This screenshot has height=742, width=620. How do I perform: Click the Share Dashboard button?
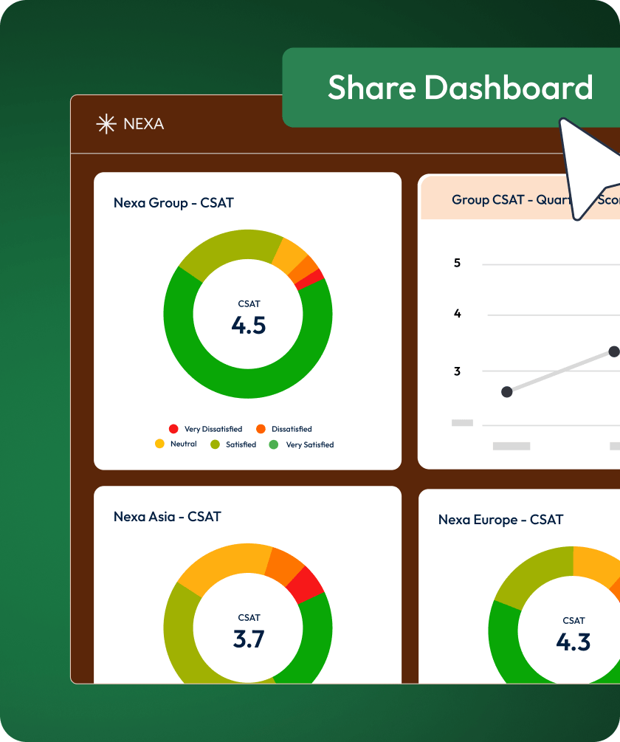(459, 88)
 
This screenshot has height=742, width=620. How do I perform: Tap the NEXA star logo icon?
(106, 124)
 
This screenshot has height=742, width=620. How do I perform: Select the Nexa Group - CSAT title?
(173, 202)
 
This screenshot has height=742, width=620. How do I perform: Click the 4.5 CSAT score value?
(248, 326)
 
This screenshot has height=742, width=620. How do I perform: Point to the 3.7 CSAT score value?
(249, 639)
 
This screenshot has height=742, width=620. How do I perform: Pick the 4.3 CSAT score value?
(573, 642)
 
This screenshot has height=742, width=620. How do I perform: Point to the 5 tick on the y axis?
(458, 263)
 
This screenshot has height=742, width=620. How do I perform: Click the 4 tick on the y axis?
(458, 314)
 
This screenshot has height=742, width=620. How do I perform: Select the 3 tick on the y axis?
(458, 371)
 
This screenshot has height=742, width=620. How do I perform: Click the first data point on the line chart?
(507, 392)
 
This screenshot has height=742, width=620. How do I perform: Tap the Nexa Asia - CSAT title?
(167, 517)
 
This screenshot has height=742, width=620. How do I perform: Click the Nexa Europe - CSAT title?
(500, 520)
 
